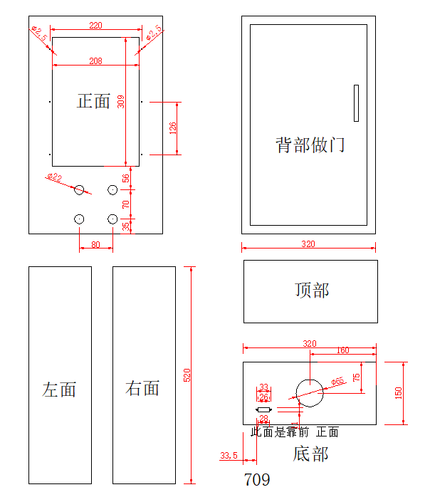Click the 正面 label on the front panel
[93, 101]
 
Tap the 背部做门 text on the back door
[310, 145]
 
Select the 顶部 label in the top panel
[312, 290]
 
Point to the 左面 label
[59, 389]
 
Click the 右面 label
[142, 388]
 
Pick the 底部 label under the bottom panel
[311, 454]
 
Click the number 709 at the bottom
[257, 480]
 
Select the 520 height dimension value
[187, 375]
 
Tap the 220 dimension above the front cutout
[95, 26]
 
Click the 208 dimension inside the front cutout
[95, 61]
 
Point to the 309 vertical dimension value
[120, 102]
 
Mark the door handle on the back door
[356, 103]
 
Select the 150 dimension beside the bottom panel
[399, 393]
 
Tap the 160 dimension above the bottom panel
[342, 350]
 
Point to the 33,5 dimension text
[229, 455]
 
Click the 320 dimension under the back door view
[308, 244]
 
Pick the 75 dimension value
[357, 377]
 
